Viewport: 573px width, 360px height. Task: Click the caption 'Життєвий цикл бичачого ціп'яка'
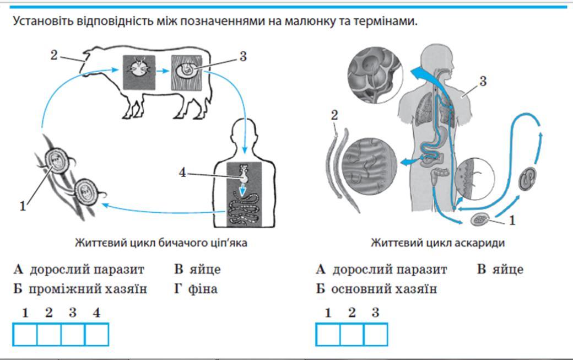pyautogui.click(x=161, y=243)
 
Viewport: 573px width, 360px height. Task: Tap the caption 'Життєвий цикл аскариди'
pyautogui.click(x=437, y=243)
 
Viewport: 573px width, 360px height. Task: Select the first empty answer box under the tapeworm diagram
pyautogui.click(x=24, y=334)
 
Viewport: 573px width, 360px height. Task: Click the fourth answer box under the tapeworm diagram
pyautogui.click(x=96, y=334)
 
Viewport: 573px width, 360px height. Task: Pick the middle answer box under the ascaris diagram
pyautogui.click(x=352, y=334)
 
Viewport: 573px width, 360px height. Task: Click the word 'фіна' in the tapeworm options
pyautogui.click(x=204, y=289)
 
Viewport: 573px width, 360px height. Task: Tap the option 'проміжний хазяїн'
pyautogui.click(x=88, y=289)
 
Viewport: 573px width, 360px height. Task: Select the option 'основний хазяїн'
pyautogui.click(x=383, y=289)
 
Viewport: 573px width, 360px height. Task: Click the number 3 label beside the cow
pyautogui.click(x=243, y=56)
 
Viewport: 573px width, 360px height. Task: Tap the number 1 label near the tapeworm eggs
pyautogui.click(x=23, y=207)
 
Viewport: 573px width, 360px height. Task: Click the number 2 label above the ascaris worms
pyautogui.click(x=333, y=115)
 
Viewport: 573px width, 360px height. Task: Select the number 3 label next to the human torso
pyautogui.click(x=482, y=82)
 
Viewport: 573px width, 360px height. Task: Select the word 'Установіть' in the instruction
pyautogui.click(x=41, y=22)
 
